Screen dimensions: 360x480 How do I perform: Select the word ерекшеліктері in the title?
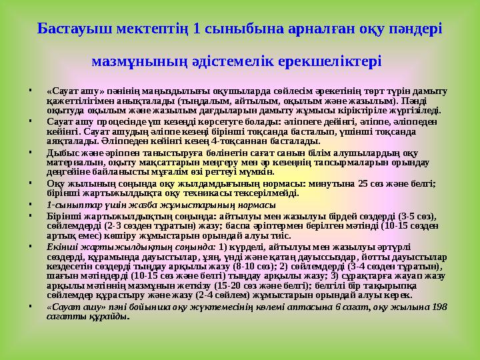click(x=336, y=61)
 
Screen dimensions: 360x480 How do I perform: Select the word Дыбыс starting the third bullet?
click(x=61, y=152)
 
